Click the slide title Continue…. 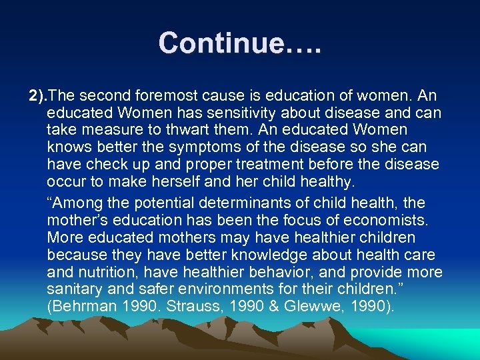pyautogui.click(x=240, y=43)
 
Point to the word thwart pyautogui.click(x=201, y=129)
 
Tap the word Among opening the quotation pyautogui.click(x=75, y=203)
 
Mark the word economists pyautogui.click(x=385, y=220)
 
